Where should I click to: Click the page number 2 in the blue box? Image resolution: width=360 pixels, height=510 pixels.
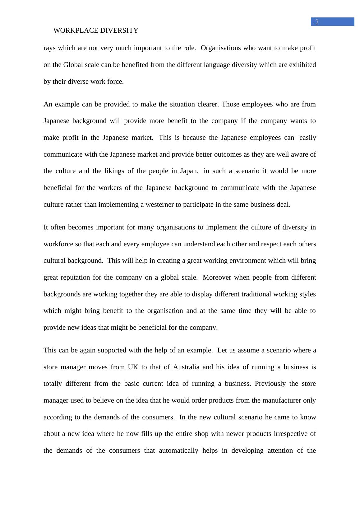tap(317, 22)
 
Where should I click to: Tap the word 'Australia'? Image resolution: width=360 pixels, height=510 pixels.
tap(186, 367)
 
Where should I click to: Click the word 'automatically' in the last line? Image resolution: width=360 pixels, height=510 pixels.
tap(178, 451)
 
